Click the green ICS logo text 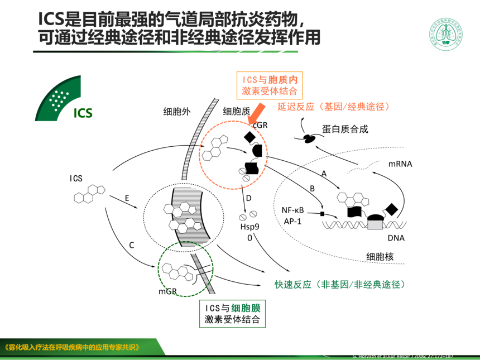pyautogui.click(x=83, y=113)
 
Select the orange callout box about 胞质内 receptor pyautogui.click(x=269, y=85)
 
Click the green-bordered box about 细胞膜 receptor pyautogui.click(x=232, y=314)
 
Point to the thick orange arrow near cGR pyautogui.click(x=257, y=114)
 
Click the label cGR pyautogui.click(x=260, y=126)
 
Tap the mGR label pyautogui.click(x=167, y=291)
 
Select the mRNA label pyautogui.click(x=400, y=164)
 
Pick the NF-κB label pyautogui.click(x=292, y=210)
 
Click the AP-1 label pyautogui.click(x=292, y=221)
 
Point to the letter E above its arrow pyautogui.click(x=127, y=198)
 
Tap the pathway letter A pyautogui.click(x=323, y=174)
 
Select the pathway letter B pyautogui.click(x=312, y=189)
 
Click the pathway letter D pyautogui.click(x=249, y=198)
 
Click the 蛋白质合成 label pyautogui.click(x=345, y=129)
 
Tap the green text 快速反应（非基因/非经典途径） pyautogui.click(x=339, y=285)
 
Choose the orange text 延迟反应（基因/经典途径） pyautogui.click(x=333, y=107)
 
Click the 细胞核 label pyautogui.click(x=380, y=257)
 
